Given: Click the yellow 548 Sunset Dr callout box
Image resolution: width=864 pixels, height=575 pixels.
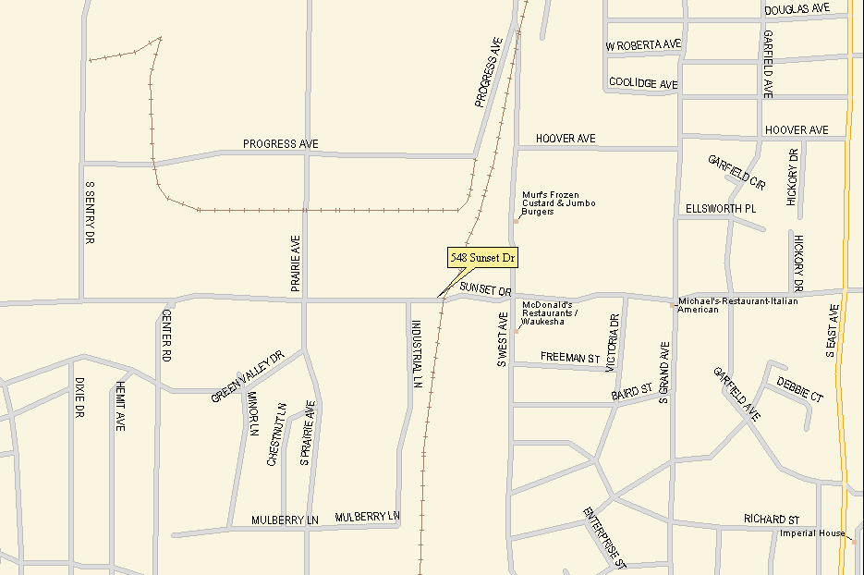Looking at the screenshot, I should point(482,258).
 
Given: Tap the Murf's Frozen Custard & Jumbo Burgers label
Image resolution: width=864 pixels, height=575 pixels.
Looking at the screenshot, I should point(558,203).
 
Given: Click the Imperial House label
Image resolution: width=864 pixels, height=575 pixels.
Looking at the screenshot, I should point(812,533).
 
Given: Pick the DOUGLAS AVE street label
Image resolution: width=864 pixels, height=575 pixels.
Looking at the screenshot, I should point(797,9).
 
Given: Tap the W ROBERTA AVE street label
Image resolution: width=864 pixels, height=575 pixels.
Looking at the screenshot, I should point(643,45).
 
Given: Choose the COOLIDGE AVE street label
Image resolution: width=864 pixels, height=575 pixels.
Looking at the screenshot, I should point(643,83).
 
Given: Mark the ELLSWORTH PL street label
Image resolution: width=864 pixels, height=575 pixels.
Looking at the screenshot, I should point(721,209).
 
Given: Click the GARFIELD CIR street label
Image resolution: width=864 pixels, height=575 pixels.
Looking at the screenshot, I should point(737,173).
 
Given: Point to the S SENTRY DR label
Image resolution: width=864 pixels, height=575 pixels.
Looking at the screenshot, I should point(90,212).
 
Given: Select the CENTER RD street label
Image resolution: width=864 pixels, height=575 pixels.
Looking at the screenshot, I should point(167,335).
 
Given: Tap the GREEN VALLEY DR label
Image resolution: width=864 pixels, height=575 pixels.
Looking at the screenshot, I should point(246,377).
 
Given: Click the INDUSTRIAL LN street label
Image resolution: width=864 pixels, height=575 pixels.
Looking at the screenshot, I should point(417,354).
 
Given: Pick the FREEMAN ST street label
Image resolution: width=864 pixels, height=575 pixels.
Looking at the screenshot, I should point(570,357).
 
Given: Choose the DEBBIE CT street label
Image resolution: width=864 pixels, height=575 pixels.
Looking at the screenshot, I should point(800,389).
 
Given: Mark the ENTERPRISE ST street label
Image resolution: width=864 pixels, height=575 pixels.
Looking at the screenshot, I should point(605,537).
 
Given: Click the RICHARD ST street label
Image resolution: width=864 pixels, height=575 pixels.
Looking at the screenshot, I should point(772,520).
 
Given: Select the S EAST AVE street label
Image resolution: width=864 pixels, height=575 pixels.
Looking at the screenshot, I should point(832,330).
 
